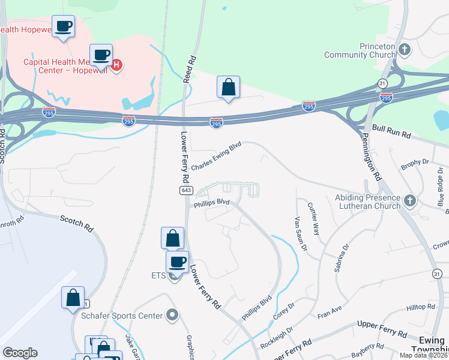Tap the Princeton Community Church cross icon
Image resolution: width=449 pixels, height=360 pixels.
(x=405, y=50)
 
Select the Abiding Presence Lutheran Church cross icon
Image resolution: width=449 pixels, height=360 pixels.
(x=410, y=201)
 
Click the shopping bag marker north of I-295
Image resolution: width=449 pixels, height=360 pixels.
(x=228, y=88)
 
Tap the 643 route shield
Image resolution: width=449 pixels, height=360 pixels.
(x=185, y=190)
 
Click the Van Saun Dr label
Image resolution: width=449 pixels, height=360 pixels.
(x=300, y=233)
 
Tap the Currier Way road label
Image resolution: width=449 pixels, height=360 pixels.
(x=313, y=219)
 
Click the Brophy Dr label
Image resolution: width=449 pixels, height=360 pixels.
(x=415, y=162)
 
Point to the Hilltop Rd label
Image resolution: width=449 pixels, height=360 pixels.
(x=420, y=307)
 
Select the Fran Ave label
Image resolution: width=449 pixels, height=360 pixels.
(x=329, y=313)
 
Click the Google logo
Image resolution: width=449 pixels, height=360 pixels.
(x=20, y=353)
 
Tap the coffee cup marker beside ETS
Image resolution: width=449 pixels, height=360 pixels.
(x=177, y=262)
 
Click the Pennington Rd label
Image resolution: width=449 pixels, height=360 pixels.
(x=372, y=158)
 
